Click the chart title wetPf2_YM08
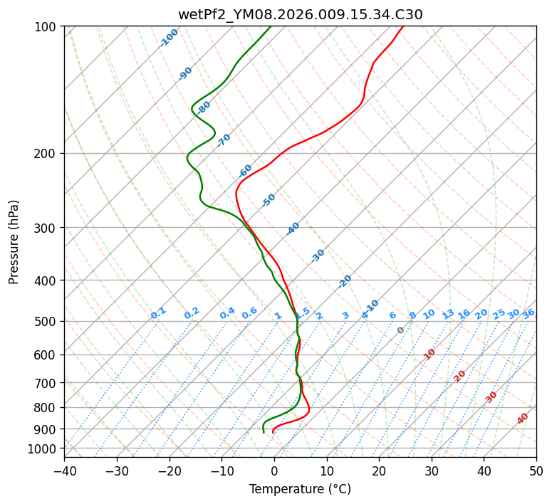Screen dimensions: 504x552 [x=300, y=14]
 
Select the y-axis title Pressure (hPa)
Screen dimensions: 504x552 [x=14, y=242]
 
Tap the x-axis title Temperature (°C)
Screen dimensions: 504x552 [x=300, y=489]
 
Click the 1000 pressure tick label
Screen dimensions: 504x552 [x=42, y=448]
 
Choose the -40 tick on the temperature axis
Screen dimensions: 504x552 [x=64, y=471]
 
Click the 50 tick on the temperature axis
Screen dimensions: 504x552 [x=536, y=471]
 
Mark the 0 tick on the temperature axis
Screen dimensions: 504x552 [x=274, y=471]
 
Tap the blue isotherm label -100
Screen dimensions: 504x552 [x=169, y=38]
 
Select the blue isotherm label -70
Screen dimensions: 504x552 [x=224, y=140]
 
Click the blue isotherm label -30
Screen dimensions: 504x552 [x=318, y=256]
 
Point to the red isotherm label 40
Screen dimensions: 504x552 [x=523, y=419]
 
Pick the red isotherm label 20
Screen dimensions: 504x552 [x=460, y=375]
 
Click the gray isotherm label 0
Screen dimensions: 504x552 [x=401, y=330]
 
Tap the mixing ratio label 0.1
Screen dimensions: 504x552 [x=158, y=313]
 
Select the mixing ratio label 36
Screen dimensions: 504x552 [x=528, y=313]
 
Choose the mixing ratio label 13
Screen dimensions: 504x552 [x=448, y=314]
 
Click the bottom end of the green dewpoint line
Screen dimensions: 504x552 [x=264, y=432]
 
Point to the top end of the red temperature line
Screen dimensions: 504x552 [x=402, y=26]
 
